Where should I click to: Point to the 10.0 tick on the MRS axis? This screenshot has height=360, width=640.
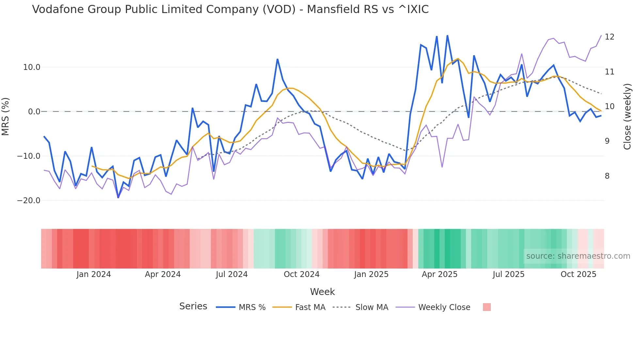[x=32, y=67]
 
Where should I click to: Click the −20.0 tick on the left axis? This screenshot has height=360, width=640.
[x=29, y=201]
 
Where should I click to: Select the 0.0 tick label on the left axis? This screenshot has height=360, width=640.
[x=34, y=112]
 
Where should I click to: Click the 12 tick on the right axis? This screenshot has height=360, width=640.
[x=609, y=37]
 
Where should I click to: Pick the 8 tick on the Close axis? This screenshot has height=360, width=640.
[x=607, y=176]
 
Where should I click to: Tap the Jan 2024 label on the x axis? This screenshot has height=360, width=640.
[x=94, y=274]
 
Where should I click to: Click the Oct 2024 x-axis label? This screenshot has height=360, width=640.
[x=301, y=274]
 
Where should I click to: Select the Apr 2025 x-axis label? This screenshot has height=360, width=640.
[x=440, y=274]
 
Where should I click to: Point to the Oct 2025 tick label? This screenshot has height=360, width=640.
[x=578, y=274]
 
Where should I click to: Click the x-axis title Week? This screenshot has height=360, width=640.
[x=322, y=292]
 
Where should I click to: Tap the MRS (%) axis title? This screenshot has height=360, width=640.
[x=6, y=117]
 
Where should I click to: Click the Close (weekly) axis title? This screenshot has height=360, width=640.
[x=627, y=117]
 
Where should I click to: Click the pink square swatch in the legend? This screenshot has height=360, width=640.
[x=487, y=307]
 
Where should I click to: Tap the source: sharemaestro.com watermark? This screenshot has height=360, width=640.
[x=578, y=256]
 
